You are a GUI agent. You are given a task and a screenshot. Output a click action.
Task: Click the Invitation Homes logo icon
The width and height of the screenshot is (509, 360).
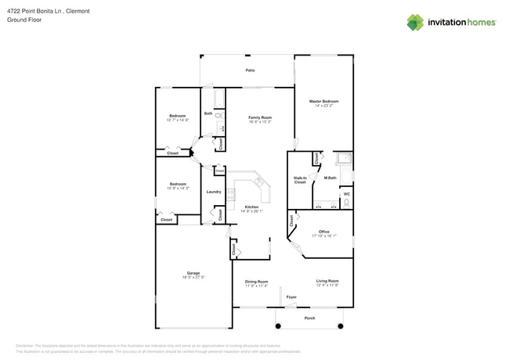coord(415,23)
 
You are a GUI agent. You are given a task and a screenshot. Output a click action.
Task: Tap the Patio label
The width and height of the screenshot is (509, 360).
coord(250,70)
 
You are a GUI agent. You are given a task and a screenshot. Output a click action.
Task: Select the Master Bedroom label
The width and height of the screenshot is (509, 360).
coord(323,101)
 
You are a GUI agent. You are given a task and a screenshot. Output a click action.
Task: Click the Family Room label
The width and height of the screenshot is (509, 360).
coord(260,117)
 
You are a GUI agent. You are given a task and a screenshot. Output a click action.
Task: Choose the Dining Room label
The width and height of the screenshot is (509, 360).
coord(256,282)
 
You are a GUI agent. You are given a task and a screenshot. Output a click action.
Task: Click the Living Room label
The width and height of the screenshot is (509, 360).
coord(327,281)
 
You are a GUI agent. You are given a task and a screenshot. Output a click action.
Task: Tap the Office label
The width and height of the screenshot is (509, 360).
coord(323,232)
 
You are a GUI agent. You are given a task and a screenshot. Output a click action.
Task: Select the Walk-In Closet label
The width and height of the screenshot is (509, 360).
coord(300,180)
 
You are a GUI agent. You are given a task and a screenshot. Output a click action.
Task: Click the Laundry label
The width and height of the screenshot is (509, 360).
coord(214,192)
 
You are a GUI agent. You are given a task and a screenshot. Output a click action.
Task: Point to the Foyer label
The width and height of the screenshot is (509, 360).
coord(291,297)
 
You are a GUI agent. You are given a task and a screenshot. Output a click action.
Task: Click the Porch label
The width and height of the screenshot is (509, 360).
coord(309,319)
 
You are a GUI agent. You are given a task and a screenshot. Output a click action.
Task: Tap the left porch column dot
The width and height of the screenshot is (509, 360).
coord(277,326)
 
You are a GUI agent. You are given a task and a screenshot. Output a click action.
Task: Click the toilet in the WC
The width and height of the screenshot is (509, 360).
coord(346,203)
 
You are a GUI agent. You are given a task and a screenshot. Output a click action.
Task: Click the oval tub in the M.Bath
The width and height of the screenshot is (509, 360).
coord(345,160)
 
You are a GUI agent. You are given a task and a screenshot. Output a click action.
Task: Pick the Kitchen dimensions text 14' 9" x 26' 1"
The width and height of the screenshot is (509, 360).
coord(251,211)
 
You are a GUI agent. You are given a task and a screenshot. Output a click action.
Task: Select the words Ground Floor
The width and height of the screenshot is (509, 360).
coord(24,20)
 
